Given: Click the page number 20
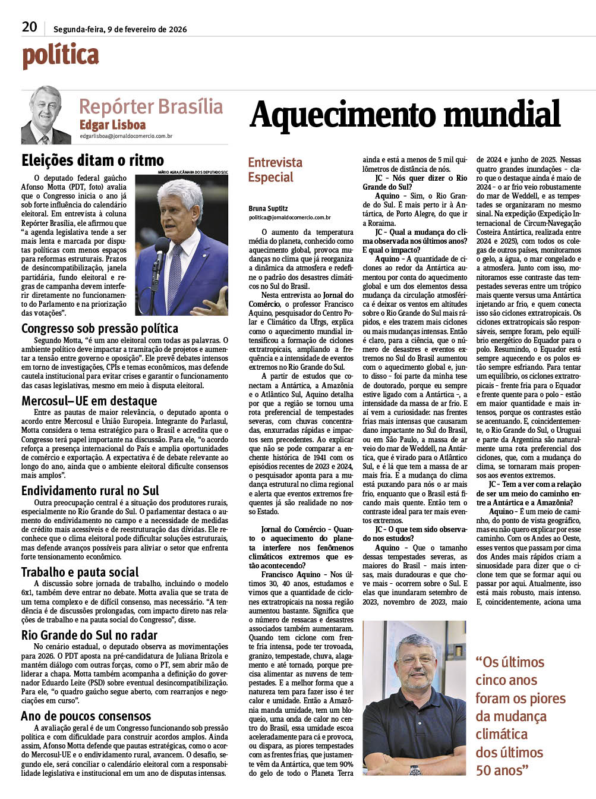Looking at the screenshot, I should (x=29, y=27).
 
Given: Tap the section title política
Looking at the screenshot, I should (x=61, y=55).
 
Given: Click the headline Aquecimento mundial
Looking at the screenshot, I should (x=405, y=114).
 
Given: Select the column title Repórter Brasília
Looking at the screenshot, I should (x=151, y=106).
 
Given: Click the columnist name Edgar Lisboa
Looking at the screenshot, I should (x=112, y=125).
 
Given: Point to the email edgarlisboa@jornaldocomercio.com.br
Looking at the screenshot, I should (x=126, y=136).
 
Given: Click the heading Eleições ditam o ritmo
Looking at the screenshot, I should (x=93, y=161).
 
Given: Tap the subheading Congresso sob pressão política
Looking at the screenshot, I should (x=100, y=328).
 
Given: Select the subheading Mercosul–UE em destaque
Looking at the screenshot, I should (x=89, y=401).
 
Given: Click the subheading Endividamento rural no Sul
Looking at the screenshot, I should (x=90, y=490).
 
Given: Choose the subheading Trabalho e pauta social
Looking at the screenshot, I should (x=80, y=572).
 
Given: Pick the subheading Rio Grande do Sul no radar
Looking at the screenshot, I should (x=90, y=635).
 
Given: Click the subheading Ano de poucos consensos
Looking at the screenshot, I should (x=86, y=716).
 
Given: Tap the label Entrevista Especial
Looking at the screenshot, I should (x=275, y=169).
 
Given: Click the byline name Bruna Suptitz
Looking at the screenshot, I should (x=268, y=209).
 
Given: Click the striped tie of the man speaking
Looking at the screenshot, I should (x=175, y=273).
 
